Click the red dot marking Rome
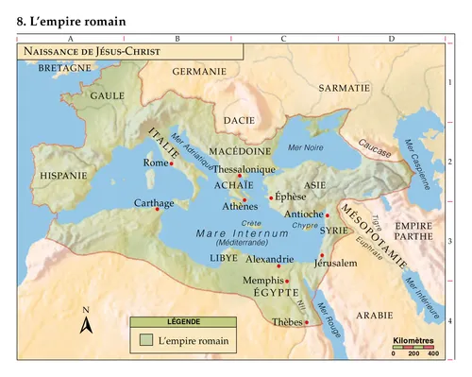(x=172, y=163)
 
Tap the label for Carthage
(x=154, y=203)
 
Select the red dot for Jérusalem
(x=322, y=255)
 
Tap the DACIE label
(x=240, y=120)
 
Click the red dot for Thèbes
(x=307, y=322)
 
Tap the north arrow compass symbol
(x=86, y=324)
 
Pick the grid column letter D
(x=391, y=39)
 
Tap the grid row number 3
(x=450, y=241)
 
